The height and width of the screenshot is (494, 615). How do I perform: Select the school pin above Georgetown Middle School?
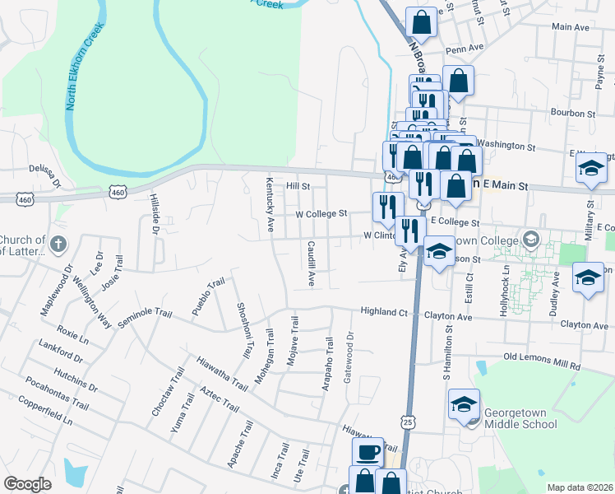(464, 405)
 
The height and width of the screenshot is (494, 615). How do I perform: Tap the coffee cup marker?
(368, 452)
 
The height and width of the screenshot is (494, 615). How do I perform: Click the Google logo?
(28, 484)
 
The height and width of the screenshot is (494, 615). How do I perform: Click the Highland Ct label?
(385, 312)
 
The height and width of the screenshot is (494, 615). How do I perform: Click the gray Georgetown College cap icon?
(531, 240)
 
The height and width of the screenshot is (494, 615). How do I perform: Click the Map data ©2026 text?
(580, 487)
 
